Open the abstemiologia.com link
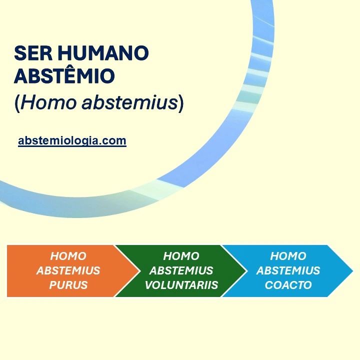click(x=72, y=141)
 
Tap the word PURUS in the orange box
click(x=68, y=285)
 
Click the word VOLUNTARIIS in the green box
click(x=181, y=285)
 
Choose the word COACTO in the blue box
click(x=288, y=285)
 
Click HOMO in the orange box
click(x=68, y=256)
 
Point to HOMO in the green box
click(x=181, y=256)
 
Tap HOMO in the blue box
click(x=288, y=256)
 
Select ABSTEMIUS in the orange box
click(x=68, y=271)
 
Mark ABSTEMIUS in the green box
click(x=181, y=271)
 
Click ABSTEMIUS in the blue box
click(x=288, y=271)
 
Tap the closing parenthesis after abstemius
click(x=181, y=102)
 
